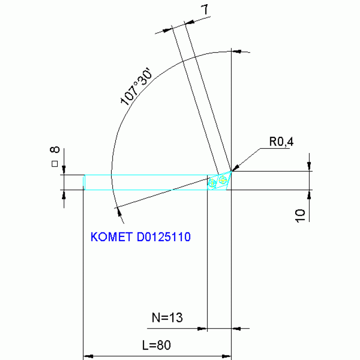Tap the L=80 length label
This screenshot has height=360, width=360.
click(156, 345)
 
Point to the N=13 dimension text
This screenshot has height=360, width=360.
click(167, 318)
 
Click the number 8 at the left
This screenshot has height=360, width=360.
click(55, 150)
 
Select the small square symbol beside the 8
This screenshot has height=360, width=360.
click(54, 163)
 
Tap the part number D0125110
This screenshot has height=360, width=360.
click(163, 237)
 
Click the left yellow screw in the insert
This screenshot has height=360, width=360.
click(212, 183)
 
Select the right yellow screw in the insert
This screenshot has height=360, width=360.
click(222, 179)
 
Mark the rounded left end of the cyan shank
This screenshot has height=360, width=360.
click(84, 182)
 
